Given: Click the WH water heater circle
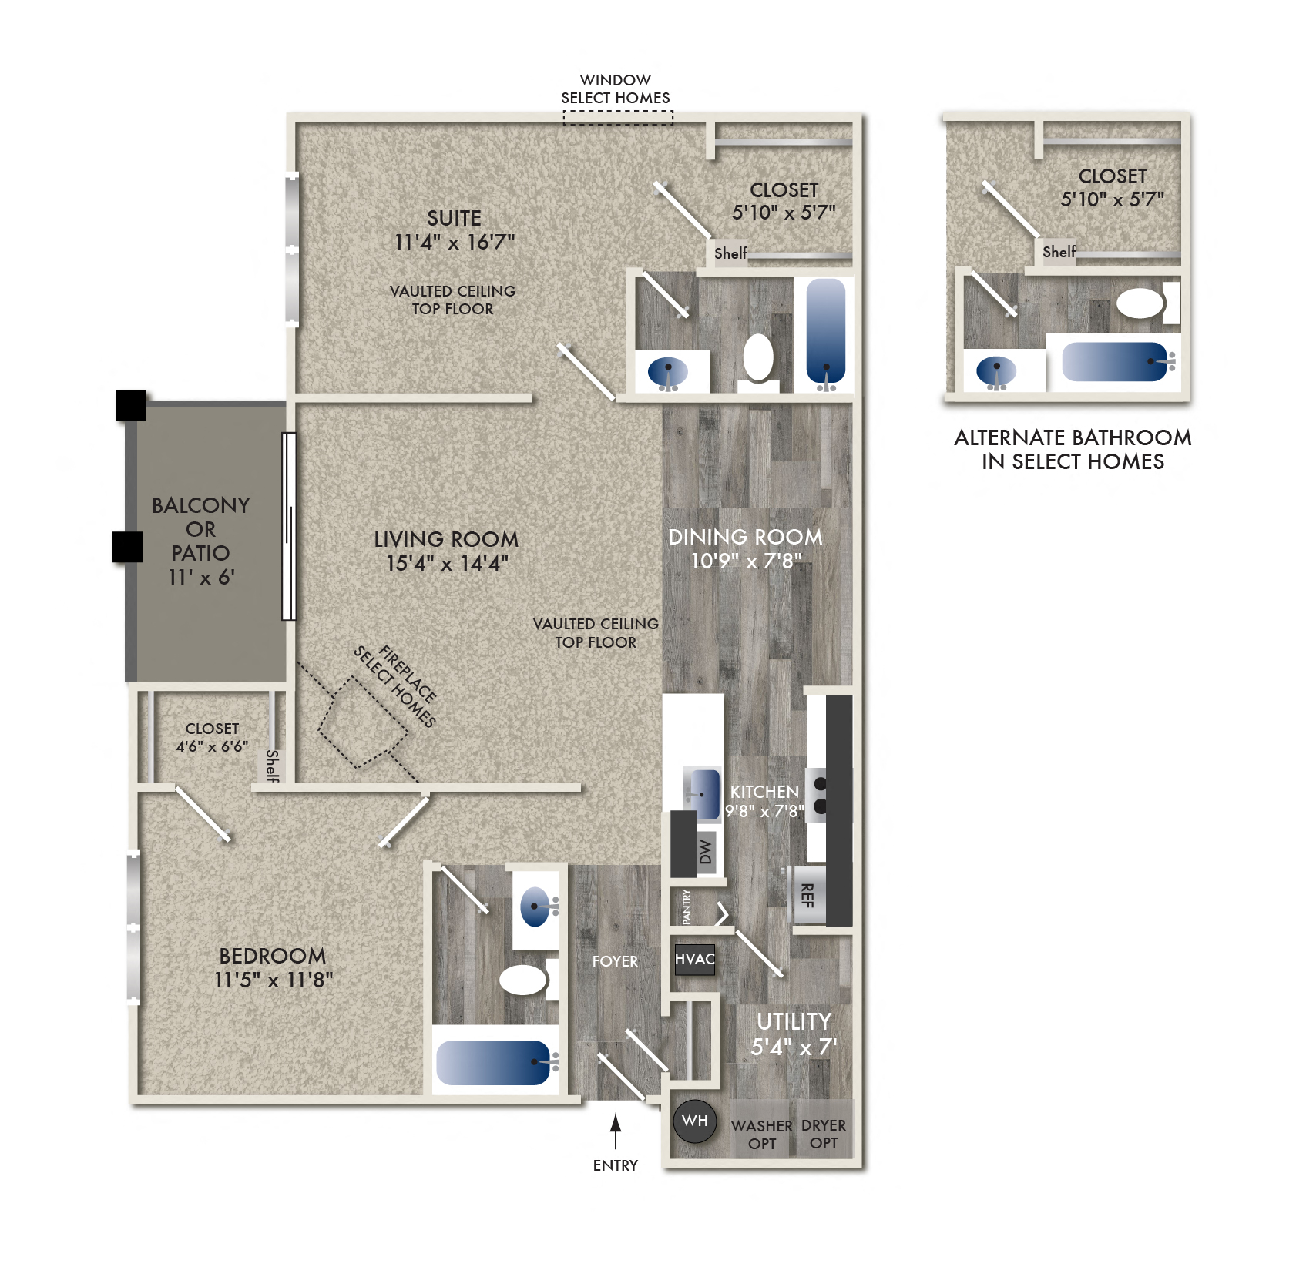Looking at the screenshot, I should pos(694,1121).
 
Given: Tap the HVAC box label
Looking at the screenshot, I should pos(694,960).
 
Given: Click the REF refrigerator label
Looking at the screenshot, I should pos(807,895).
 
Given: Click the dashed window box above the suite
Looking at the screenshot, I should pos(617,117).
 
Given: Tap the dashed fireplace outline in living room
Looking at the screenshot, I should pos(363,722).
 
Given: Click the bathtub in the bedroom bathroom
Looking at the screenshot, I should pos(494,1062).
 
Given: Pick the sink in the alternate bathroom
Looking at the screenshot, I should pos(995,371).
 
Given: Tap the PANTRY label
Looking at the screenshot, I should pos(687,907).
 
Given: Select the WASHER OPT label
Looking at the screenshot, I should pos(761,1135).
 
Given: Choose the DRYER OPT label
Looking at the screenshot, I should pos(823,1135).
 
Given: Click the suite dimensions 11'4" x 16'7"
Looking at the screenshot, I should pos(454,242).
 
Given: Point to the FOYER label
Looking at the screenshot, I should pos(615,961).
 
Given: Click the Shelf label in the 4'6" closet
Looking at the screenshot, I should pos(272,766).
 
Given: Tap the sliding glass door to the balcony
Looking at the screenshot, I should pos(289,526).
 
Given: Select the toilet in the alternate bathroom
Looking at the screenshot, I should pos(1142,303).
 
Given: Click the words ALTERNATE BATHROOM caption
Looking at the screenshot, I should pos(1072,437).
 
